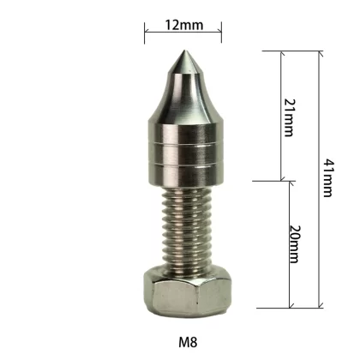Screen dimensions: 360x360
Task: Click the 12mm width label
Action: click(184, 25)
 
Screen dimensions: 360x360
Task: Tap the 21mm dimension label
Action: click(289, 117)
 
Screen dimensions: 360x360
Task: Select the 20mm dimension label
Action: click(295, 244)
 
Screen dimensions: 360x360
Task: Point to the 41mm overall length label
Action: click(328, 178)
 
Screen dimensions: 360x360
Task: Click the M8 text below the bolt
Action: click(188, 342)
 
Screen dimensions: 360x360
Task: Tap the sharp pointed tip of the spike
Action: click(183, 51)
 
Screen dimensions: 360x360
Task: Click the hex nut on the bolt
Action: click(187, 291)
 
